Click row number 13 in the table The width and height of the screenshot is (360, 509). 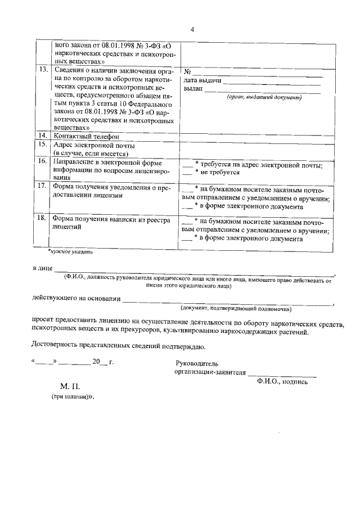point(42,71)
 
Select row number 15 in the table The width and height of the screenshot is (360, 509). point(42,145)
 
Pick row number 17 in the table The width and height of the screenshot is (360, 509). point(42,186)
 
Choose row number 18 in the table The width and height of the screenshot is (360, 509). point(42,219)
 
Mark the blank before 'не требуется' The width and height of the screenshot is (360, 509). point(188,173)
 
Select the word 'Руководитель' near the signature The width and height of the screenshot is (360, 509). point(197,363)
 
